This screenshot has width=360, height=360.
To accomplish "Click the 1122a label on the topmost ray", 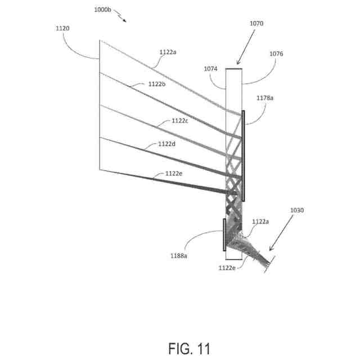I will pyautogui.click(x=168, y=52).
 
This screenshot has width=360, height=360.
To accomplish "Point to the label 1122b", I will pyautogui.click(x=157, y=84).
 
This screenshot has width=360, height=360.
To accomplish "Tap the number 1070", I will pyautogui.click(x=256, y=24).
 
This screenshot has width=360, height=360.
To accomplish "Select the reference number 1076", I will pyautogui.click(x=277, y=54).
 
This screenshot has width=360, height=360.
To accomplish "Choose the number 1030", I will pyautogui.click(x=296, y=210).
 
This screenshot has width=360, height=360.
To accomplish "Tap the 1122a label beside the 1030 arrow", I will pyautogui.click(x=260, y=222).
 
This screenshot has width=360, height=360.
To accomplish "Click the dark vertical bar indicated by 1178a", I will pyautogui.click(x=244, y=156).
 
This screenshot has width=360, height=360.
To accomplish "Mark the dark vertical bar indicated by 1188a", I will pyautogui.click(x=224, y=235).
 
